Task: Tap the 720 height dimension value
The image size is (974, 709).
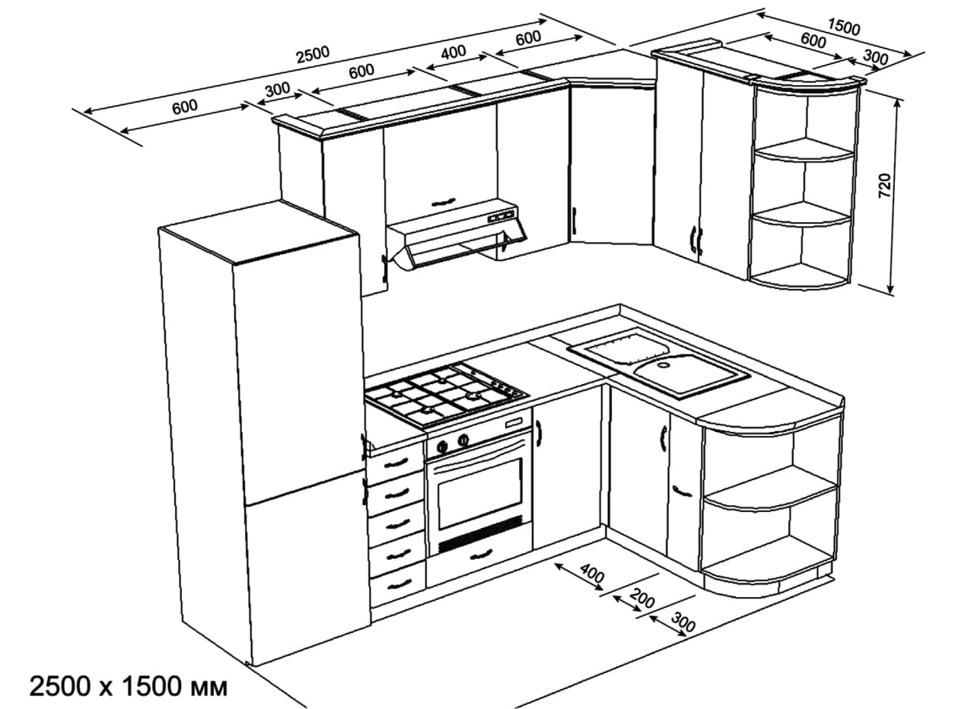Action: coord(884,187)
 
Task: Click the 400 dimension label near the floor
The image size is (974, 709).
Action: coord(592,574)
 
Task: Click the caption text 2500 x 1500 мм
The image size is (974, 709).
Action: coord(128,687)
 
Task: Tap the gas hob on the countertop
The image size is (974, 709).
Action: coord(445,393)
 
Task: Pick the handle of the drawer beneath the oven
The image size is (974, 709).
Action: coord(481,555)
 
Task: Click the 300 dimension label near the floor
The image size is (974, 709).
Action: coord(684,625)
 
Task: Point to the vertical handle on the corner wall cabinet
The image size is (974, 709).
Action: coord(575,221)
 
